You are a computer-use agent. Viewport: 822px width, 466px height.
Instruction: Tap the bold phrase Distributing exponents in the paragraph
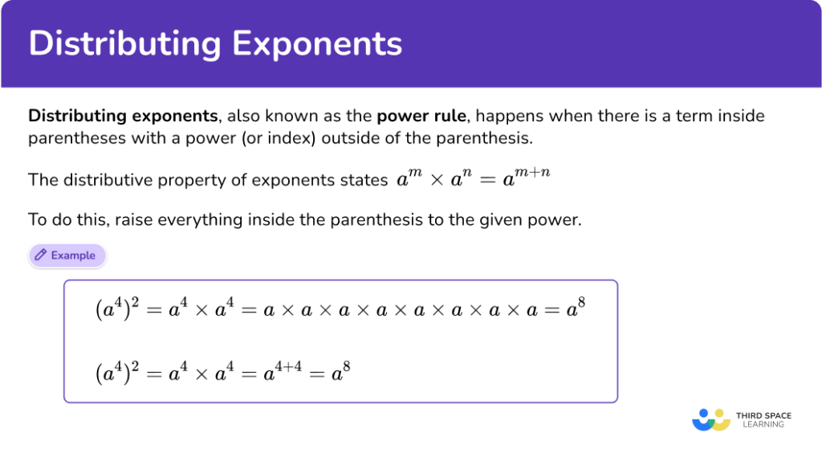point(123,116)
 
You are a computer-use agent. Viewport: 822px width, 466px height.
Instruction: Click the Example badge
point(67,255)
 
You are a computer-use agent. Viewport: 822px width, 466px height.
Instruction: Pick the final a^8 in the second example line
point(342,371)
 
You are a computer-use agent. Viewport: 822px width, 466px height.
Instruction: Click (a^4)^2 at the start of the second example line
point(116,372)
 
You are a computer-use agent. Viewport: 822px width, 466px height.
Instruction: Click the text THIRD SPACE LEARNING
point(763,419)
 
